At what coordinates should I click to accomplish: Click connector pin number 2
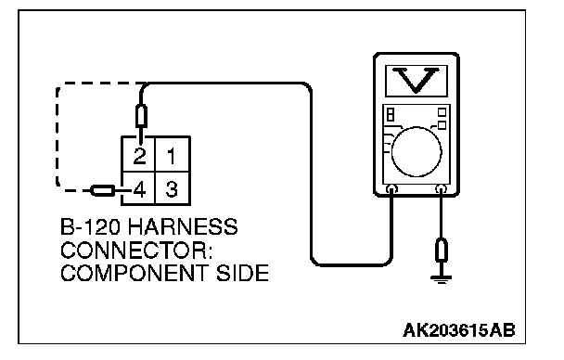(x=139, y=156)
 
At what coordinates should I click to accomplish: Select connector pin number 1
(x=172, y=156)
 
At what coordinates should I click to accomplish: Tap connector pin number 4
(x=139, y=189)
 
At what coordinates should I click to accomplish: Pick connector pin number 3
(x=172, y=189)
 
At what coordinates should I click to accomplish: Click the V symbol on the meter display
(x=417, y=80)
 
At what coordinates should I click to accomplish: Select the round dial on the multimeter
(x=417, y=151)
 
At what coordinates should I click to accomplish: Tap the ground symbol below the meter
(x=441, y=278)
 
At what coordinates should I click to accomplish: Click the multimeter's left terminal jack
(x=391, y=188)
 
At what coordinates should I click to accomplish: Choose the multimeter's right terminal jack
(x=441, y=188)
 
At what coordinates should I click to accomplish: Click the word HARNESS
(x=183, y=226)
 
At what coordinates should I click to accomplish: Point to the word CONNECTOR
(x=136, y=250)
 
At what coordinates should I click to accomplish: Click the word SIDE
(x=242, y=273)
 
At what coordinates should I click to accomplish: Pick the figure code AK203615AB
(x=459, y=329)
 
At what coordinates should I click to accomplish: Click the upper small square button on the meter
(x=442, y=112)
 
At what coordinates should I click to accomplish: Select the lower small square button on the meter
(x=442, y=125)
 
